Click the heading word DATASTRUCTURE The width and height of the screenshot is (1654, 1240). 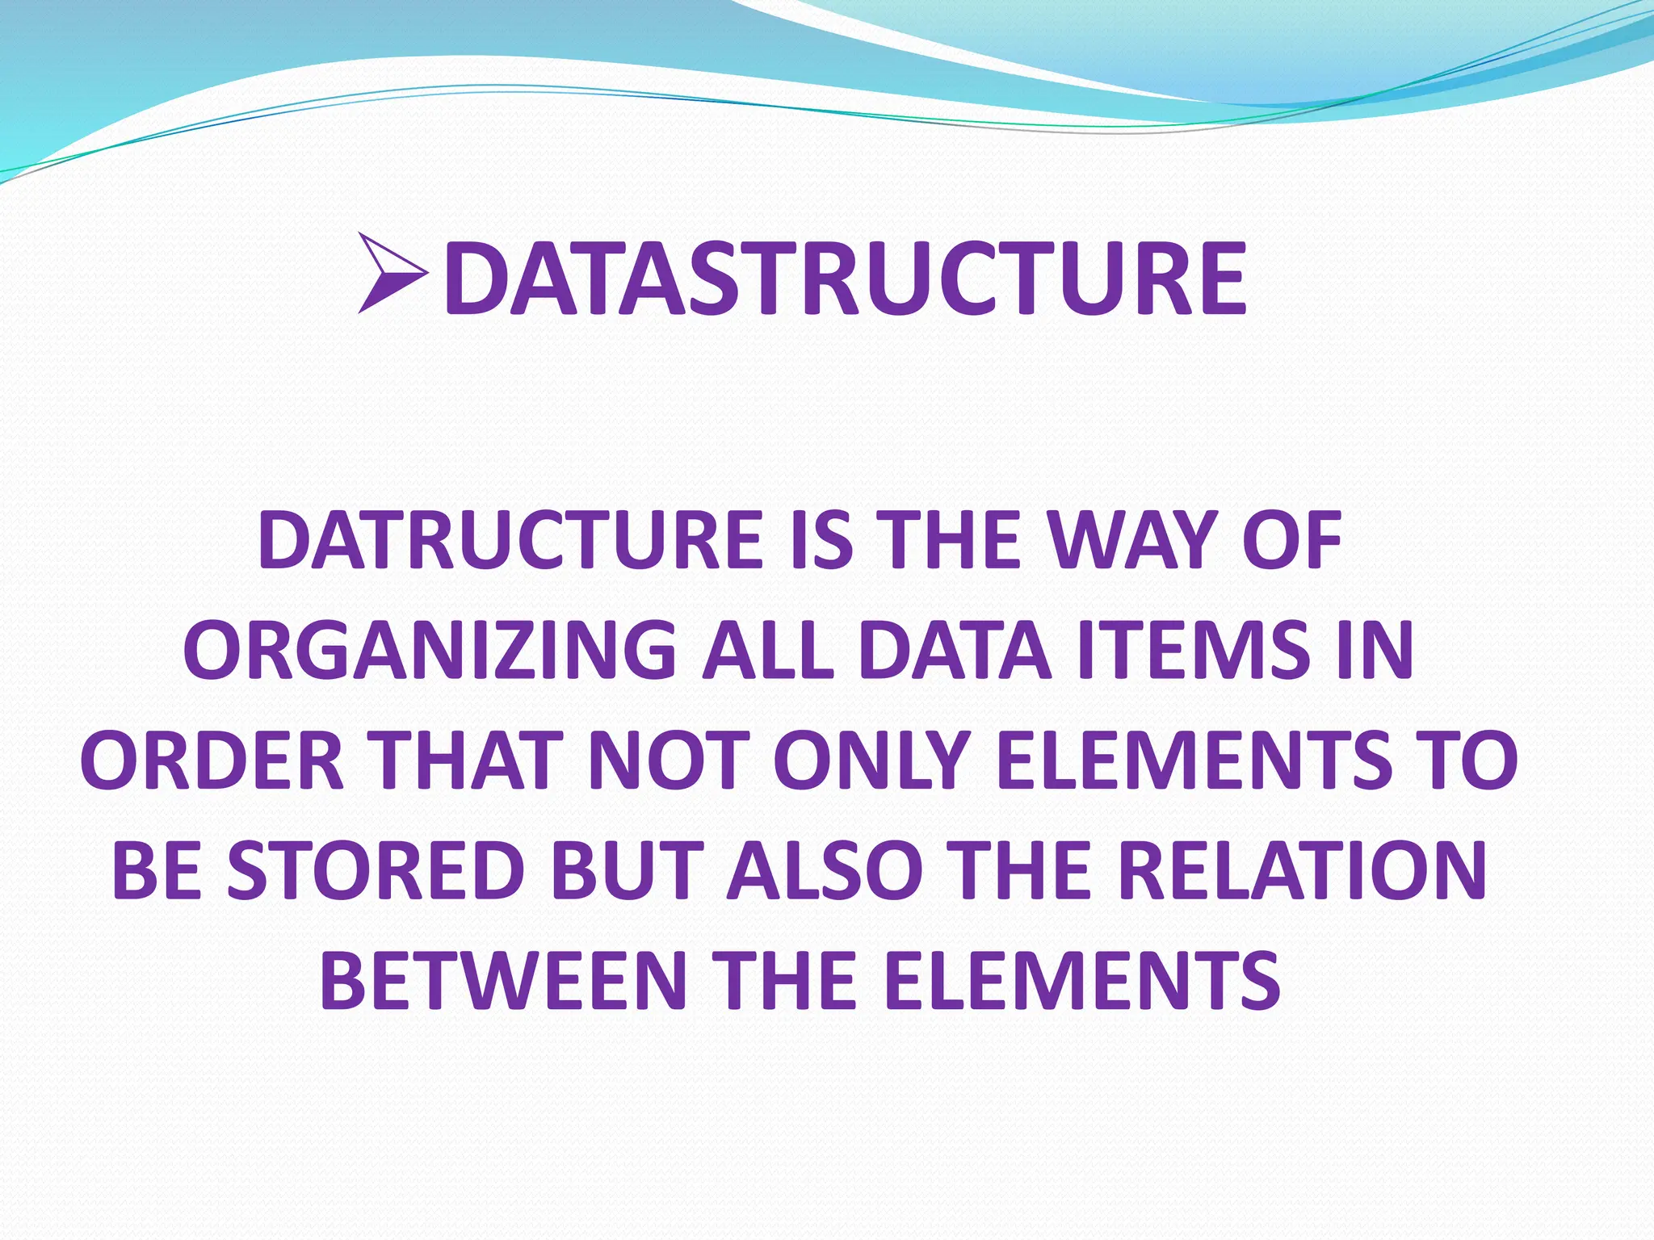click(845, 279)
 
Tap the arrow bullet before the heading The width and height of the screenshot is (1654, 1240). click(391, 274)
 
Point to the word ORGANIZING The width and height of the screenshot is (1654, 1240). click(430, 651)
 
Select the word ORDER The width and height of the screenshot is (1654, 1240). click(212, 761)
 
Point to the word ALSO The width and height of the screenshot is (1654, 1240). click(824, 872)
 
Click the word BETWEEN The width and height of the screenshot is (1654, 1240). click(503, 982)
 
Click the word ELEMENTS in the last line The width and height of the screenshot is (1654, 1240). click(1081, 982)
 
